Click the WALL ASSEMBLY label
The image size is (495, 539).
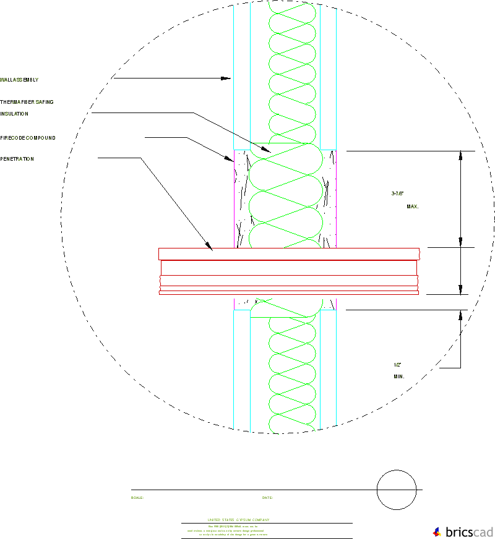19,80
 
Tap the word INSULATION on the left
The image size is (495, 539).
14,114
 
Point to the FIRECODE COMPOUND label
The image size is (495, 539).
27,138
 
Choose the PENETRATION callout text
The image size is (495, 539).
17,159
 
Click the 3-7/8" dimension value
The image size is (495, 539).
397,193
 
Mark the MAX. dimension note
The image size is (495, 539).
412,206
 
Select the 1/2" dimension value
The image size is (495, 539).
397,364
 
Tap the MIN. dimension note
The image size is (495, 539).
398,376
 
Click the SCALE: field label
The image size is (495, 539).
137,498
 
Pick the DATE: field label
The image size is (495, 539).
267,498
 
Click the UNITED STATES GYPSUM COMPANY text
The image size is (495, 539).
238,520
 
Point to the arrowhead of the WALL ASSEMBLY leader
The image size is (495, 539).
227,79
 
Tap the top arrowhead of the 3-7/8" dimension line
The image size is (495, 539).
460,155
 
